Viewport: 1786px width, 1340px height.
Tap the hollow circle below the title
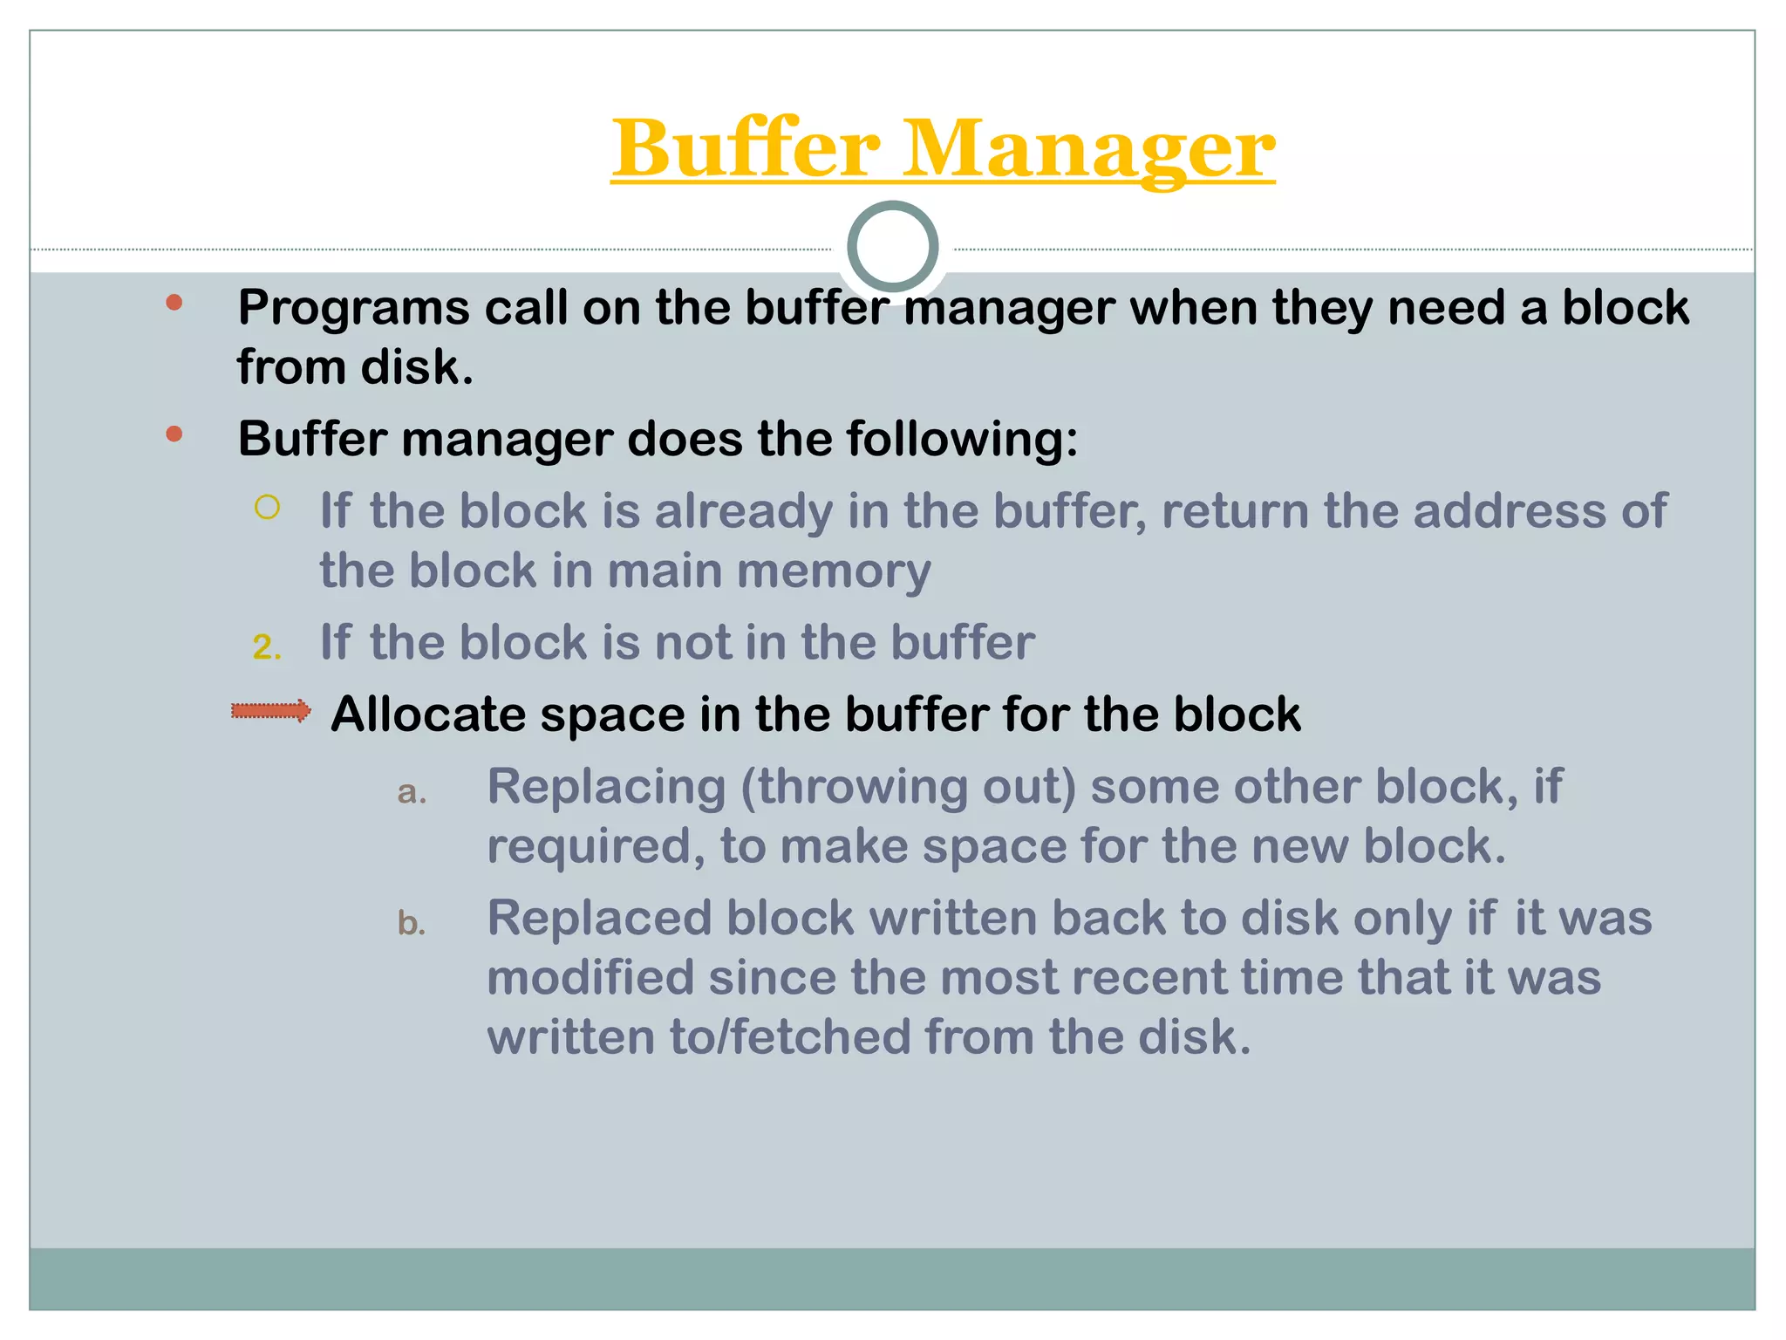[x=892, y=247]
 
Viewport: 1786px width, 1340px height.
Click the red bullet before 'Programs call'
[x=174, y=303]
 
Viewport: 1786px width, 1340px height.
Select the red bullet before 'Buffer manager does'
[x=174, y=434]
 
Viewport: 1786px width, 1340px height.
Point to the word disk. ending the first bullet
[x=417, y=367]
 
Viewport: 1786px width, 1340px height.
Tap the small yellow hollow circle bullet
[x=267, y=507]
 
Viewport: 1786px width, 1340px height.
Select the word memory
[x=834, y=571]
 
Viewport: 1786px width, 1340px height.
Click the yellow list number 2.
[x=266, y=647]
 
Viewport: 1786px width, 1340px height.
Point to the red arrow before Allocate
[x=271, y=711]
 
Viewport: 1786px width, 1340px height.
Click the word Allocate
[x=427, y=714]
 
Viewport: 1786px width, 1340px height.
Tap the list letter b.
[x=412, y=923]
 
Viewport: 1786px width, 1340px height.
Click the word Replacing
[x=606, y=788]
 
